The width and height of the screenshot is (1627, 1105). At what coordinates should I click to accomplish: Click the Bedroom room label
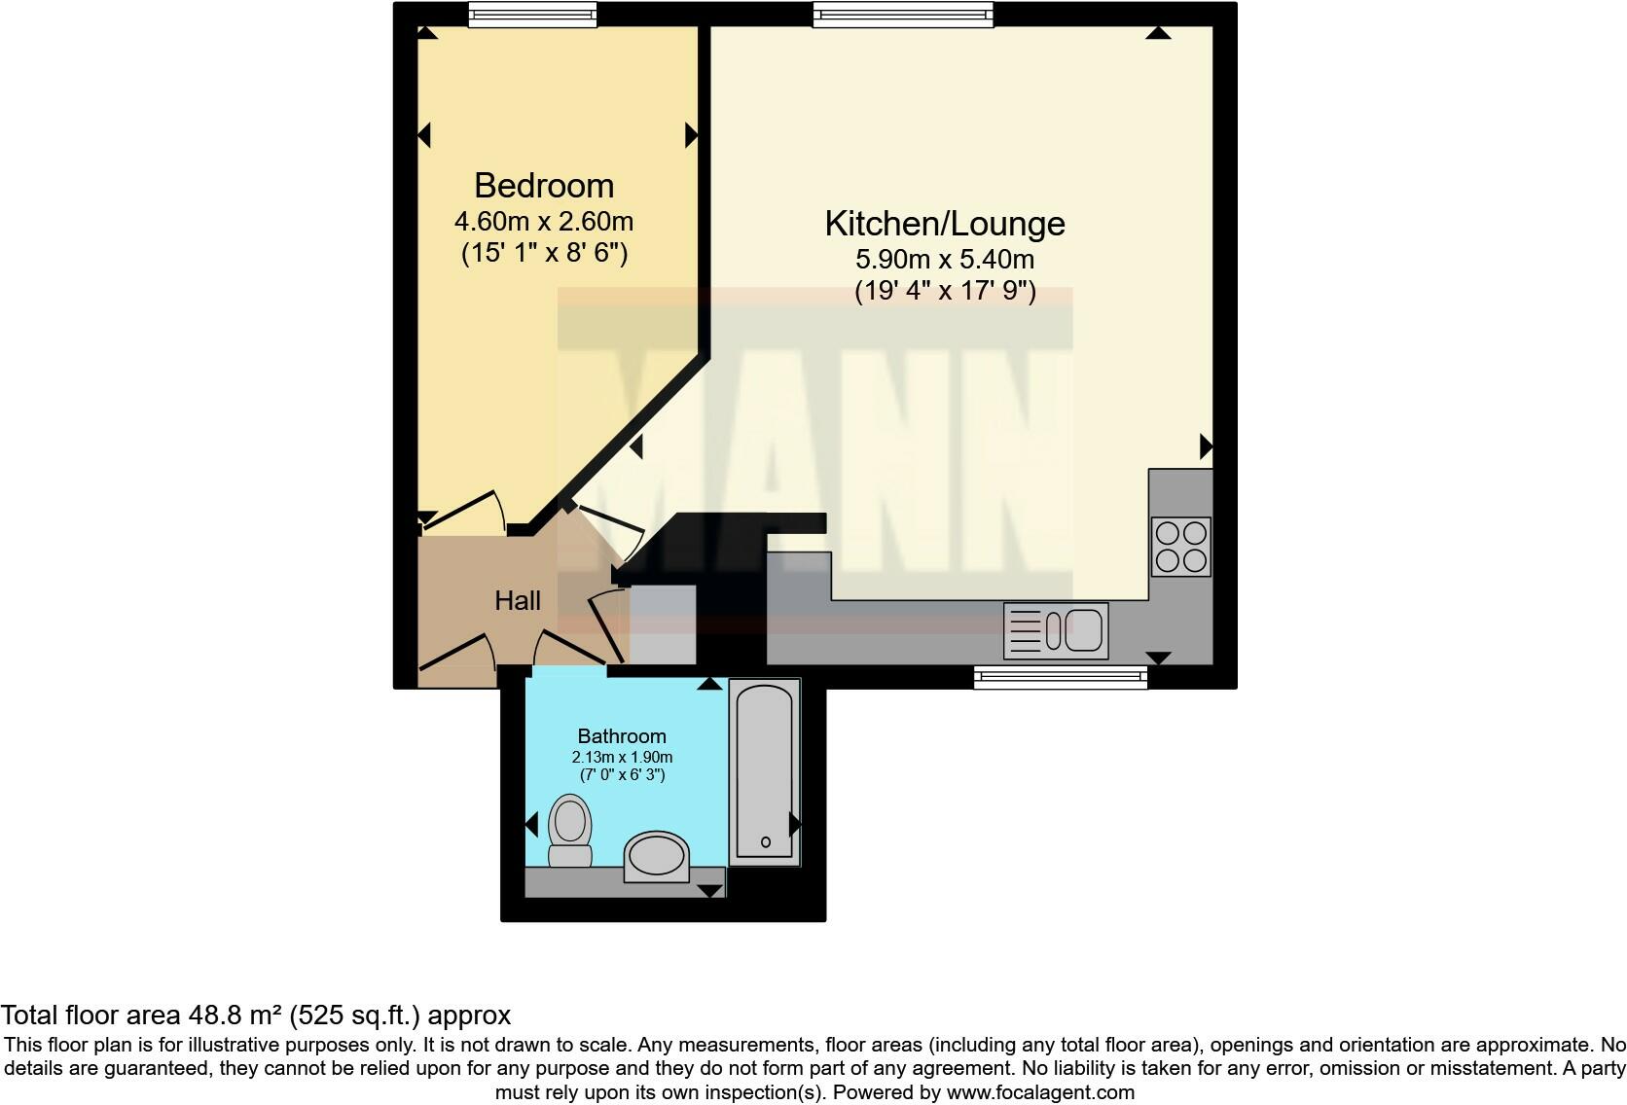543,186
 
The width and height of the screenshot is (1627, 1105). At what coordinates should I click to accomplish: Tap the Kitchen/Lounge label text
944,224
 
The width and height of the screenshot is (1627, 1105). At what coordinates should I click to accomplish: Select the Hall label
517,601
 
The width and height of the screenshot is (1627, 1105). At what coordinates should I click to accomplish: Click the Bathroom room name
622,736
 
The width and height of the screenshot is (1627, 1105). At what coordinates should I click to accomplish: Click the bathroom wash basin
656,856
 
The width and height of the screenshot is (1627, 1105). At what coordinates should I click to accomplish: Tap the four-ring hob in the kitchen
1180,547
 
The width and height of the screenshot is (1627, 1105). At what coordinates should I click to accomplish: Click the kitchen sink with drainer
1056,630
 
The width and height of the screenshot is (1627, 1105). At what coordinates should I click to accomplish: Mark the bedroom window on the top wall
531,14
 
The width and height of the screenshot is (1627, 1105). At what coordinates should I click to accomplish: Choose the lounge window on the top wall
903,14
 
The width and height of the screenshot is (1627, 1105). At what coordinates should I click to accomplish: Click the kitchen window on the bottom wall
1061,677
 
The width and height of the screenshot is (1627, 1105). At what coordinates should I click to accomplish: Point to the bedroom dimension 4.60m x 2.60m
543,222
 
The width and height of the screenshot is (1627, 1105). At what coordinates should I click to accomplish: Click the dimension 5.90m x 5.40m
944,260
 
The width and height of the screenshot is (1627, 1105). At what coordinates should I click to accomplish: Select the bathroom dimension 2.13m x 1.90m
622,757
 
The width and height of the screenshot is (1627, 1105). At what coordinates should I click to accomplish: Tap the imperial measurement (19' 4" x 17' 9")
944,291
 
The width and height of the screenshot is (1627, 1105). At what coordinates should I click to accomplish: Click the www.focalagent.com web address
1040,1092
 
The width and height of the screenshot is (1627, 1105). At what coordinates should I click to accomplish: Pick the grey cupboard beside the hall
663,623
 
